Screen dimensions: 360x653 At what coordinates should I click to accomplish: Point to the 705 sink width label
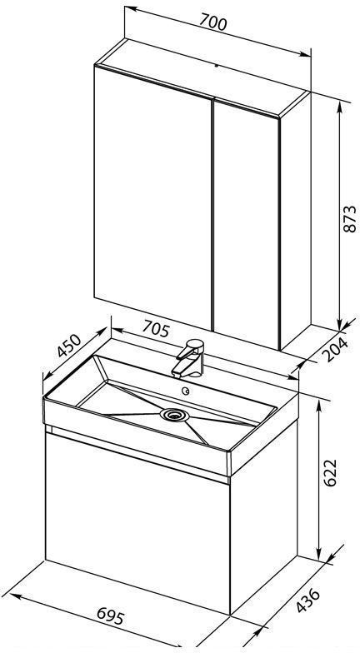[x=157, y=329]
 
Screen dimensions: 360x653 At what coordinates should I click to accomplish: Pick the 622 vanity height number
[x=330, y=473]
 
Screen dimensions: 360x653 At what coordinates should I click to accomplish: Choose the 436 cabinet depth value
[x=308, y=600]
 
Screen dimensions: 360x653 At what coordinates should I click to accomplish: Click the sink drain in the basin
[x=175, y=415]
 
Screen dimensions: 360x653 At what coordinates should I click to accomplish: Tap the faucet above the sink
[x=190, y=358]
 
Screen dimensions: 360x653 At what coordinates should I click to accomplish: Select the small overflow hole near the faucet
[x=187, y=391]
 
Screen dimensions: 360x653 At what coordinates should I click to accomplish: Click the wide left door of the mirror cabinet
[x=153, y=196]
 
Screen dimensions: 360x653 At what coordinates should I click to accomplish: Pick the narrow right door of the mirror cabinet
[x=246, y=224]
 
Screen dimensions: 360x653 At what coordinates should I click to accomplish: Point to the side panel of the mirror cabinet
[x=295, y=221]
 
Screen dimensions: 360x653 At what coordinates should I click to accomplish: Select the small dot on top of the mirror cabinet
[x=217, y=65]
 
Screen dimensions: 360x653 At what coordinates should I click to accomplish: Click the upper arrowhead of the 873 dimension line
[x=340, y=107]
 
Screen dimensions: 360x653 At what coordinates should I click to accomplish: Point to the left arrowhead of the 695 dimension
[x=15, y=596]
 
